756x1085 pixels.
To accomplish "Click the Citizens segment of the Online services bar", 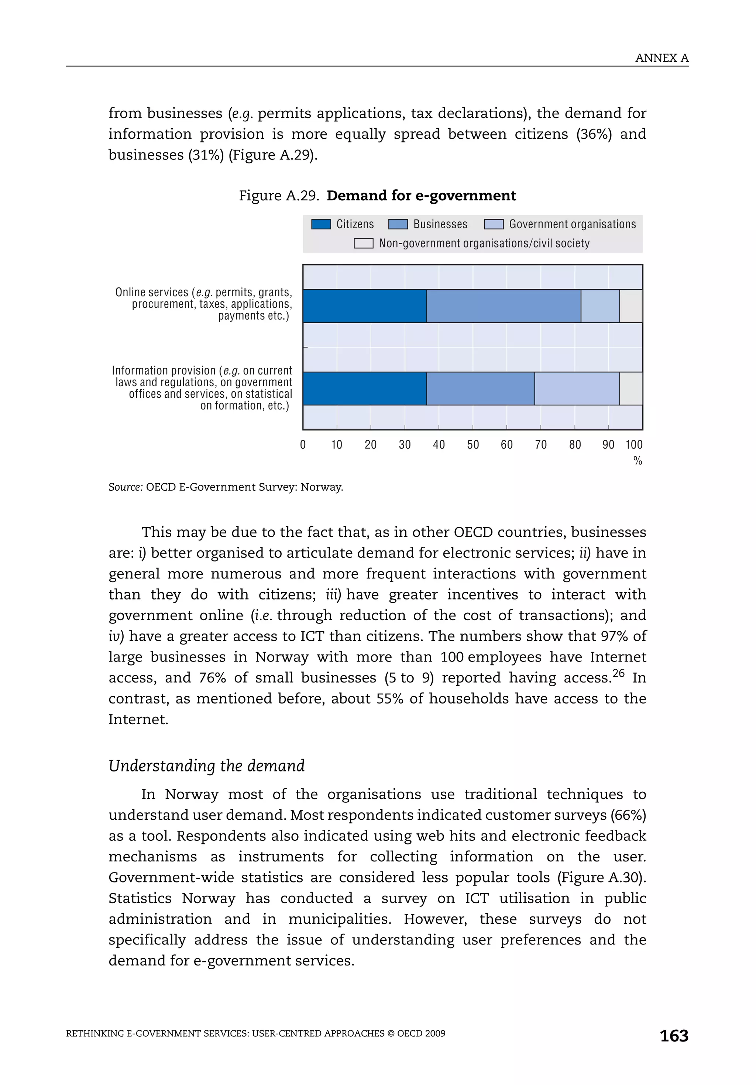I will coord(364,306).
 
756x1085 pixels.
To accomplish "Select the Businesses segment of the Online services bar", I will coord(504,306).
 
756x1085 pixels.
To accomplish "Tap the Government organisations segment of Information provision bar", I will coord(577,388).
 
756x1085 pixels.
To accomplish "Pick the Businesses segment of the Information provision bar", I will coord(480,388).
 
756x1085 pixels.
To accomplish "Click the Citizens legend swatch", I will coord(321,224).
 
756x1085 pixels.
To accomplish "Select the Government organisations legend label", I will coord(572,224).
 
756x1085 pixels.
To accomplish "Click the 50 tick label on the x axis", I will coord(473,445).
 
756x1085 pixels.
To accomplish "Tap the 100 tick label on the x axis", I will coord(633,445).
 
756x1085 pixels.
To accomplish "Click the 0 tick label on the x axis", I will coord(303,445).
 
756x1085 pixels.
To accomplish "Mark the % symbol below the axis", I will coord(638,461).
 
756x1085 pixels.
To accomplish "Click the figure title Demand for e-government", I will coord(421,196).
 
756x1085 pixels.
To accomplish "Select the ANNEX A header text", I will coord(661,58).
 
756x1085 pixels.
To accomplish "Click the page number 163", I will coord(674,1036).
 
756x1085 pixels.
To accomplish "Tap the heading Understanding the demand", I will coord(207,766).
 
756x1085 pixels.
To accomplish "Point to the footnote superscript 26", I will coord(618,673).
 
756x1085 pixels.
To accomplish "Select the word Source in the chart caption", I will coord(125,487).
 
